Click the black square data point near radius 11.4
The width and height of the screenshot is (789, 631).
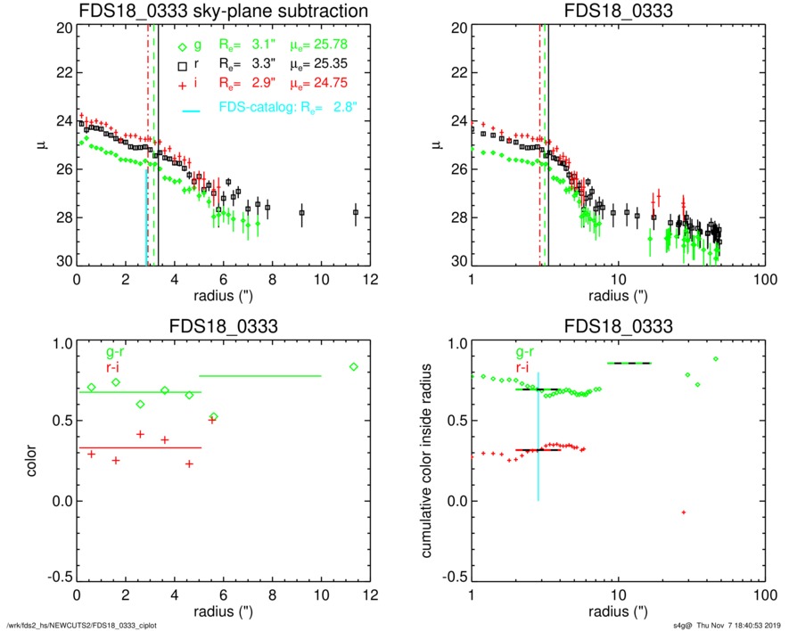coord(356,212)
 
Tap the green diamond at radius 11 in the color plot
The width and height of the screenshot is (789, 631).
coord(354,366)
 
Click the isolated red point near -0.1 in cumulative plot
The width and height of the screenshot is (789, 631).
coord(683,512)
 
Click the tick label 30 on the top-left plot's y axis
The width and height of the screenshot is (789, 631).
coord(62,262)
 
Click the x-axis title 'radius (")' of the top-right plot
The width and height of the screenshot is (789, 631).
coord(616,295)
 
